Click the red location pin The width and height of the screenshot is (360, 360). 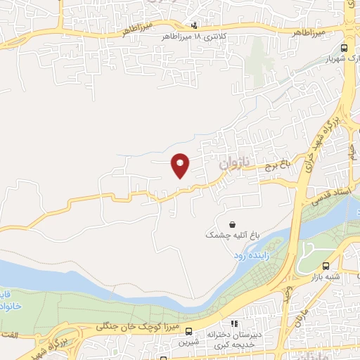click(x=180, y=165)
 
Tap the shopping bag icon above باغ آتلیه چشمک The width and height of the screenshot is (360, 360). click(x=232, y=224)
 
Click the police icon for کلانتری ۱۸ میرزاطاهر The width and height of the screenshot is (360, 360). click(x=175, y=25)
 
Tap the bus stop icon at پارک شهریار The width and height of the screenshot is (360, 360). click(x=344, y=48)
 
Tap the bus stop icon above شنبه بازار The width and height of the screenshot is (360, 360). click(x=326, y=266)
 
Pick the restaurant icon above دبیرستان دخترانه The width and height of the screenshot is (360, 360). click(x=234, y=324)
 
